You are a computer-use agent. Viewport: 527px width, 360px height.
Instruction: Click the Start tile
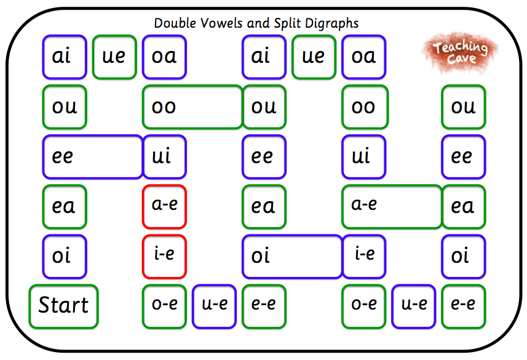[x=63, y=306]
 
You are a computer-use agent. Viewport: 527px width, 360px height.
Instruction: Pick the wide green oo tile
[x=192, y=107]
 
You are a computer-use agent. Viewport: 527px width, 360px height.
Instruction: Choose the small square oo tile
[x=365, y=107]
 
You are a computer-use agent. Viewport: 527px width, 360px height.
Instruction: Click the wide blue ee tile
[x=92, y=156]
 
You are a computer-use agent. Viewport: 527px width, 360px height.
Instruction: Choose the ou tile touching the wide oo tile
[x=264, y=107]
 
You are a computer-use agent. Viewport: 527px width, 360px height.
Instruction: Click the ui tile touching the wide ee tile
[x=164, y=156]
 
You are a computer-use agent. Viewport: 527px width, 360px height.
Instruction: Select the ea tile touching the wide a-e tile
[x=464, y=206]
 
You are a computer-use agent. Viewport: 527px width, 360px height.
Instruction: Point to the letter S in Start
[x=44, y=305]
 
